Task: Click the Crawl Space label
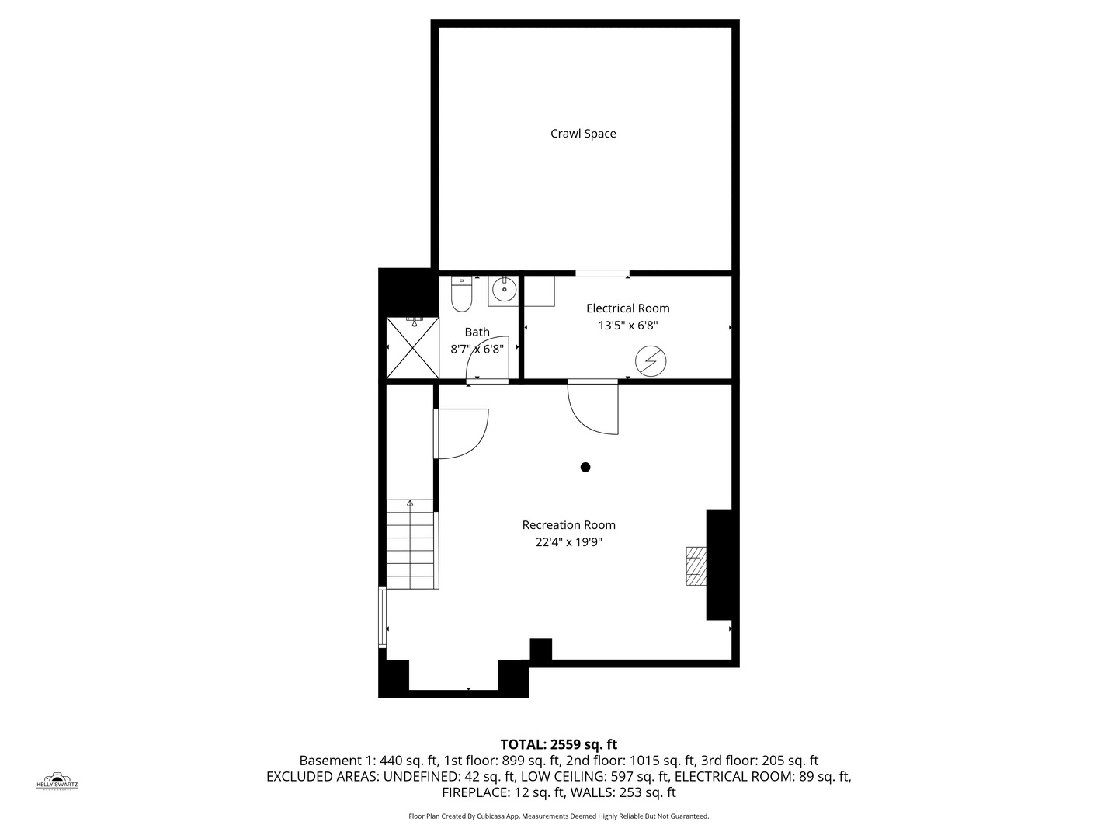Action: click(583, 134)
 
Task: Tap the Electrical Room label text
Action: click(627, 308)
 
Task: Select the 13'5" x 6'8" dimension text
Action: click(627, 326)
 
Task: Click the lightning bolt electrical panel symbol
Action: click(651, 361)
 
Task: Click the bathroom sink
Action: click(504, 290)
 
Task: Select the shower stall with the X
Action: click(412, 348)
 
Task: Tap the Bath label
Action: click(477, 332)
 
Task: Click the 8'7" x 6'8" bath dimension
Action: click(477, 350)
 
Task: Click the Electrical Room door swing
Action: click(592, 408)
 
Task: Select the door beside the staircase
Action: click(462, 433)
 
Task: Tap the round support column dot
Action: click(585, 467)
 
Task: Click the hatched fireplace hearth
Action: click(696, 566)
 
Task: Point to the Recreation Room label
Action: click(568, 525)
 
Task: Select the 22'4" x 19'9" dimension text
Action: click(568, 542)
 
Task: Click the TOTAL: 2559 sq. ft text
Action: click(558, 744)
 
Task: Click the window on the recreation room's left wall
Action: click(382, 618)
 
